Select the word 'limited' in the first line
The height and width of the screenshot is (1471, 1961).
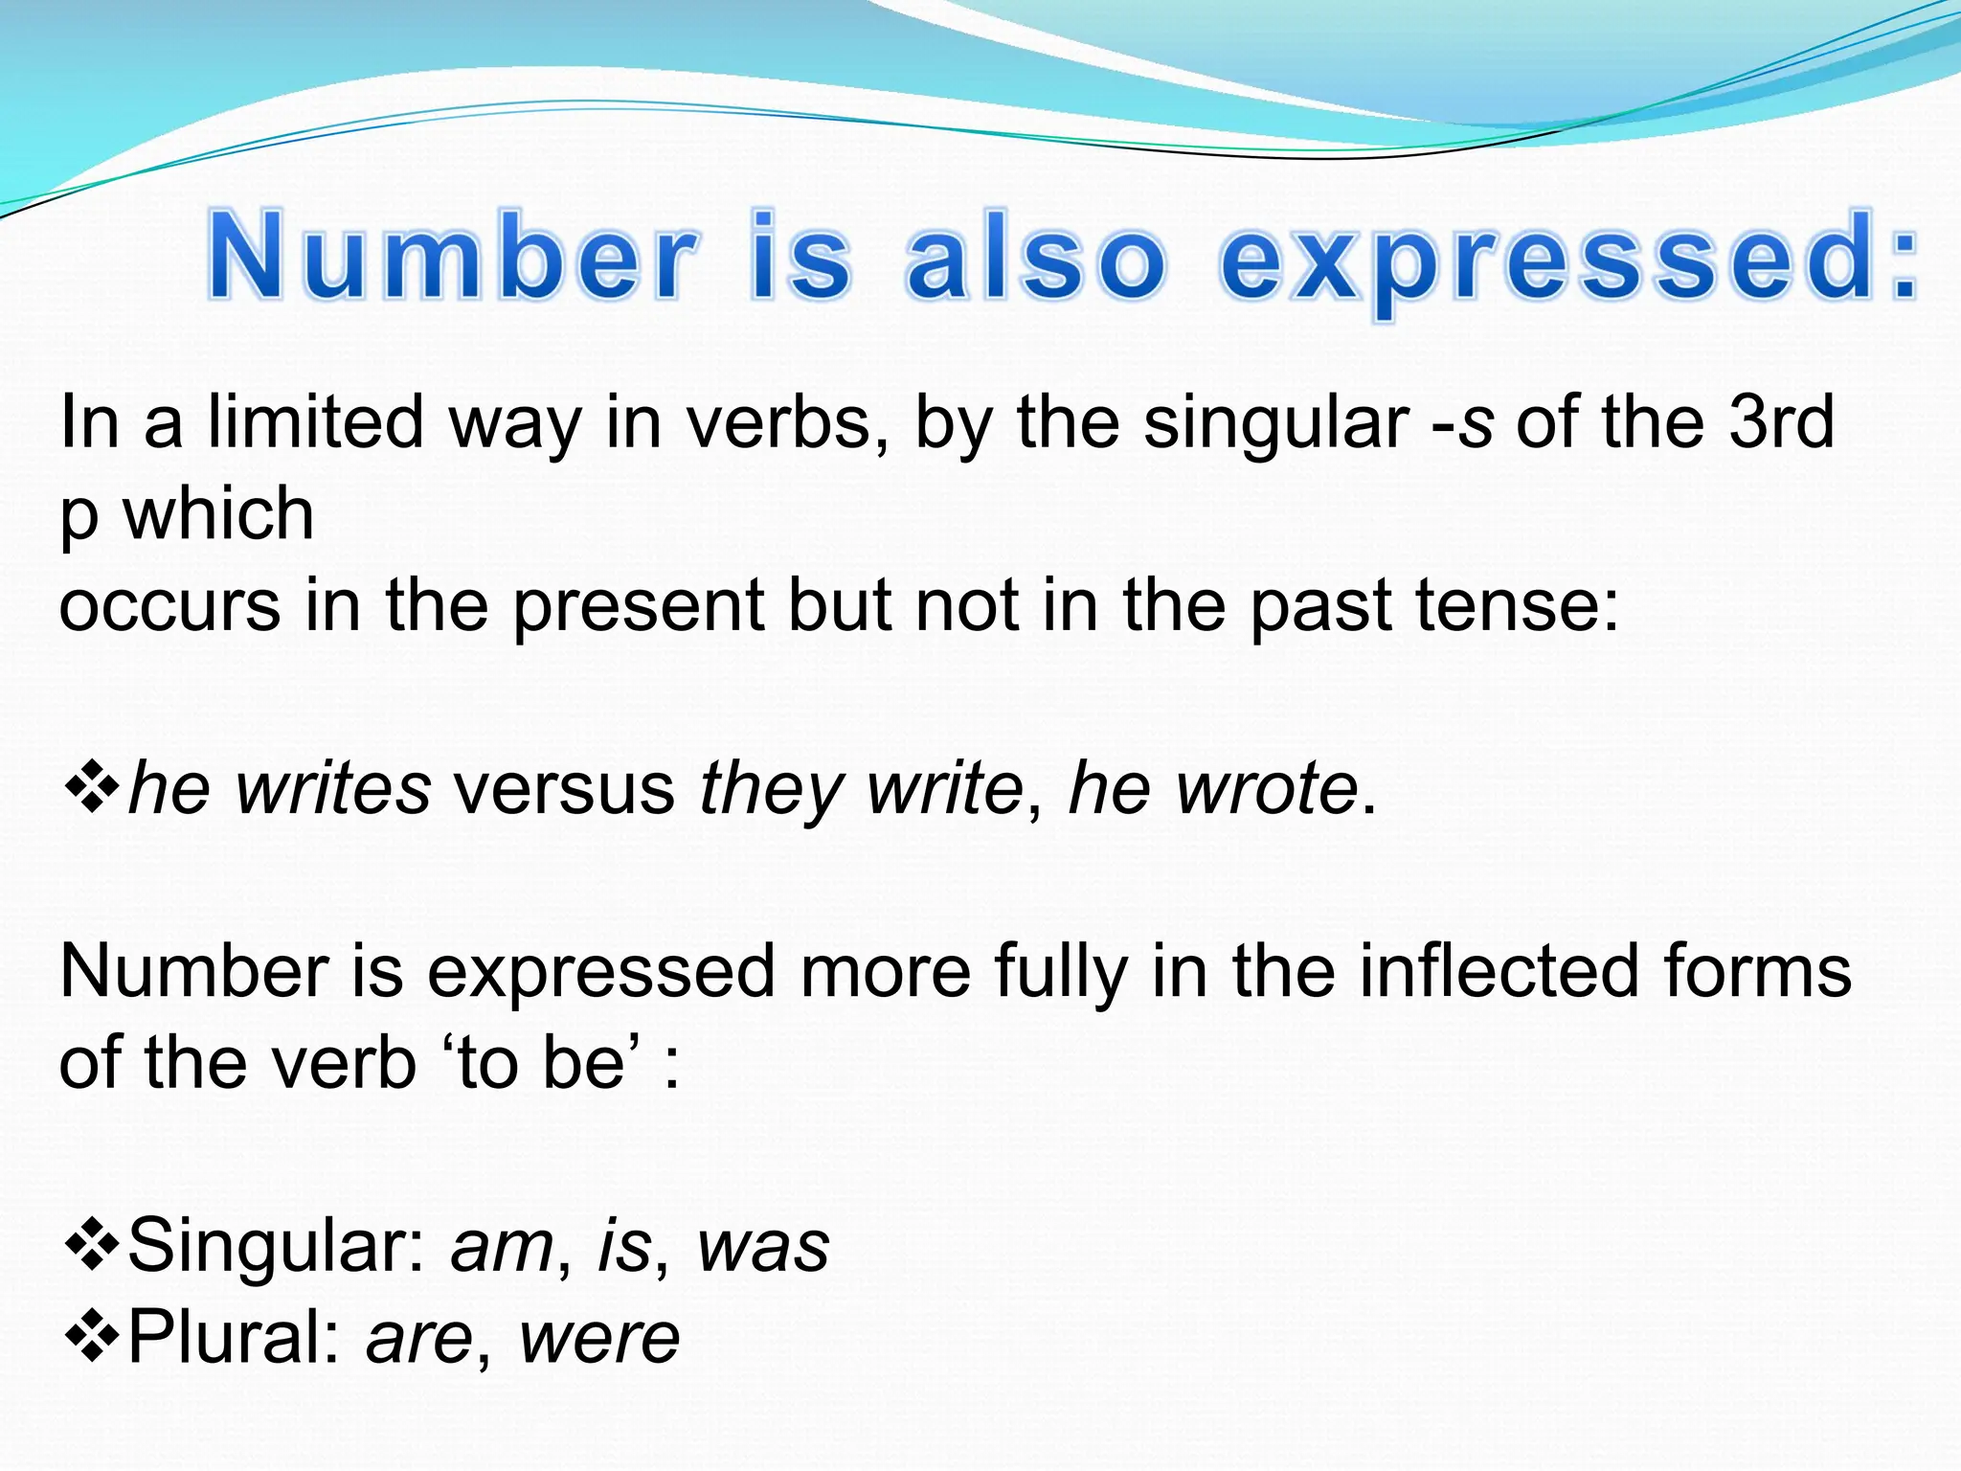[x=315, y=422]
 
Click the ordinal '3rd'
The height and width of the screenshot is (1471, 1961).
[x=1781, y=422]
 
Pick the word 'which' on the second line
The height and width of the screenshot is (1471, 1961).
[x=218, y=514]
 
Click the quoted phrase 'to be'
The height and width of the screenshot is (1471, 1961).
[x=541, y=1064]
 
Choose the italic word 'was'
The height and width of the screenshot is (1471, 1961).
[x=762, y=1248]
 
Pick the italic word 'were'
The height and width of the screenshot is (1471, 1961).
[x=598, y=1338]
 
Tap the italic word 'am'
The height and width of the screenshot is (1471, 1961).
[x=502, y=1248]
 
